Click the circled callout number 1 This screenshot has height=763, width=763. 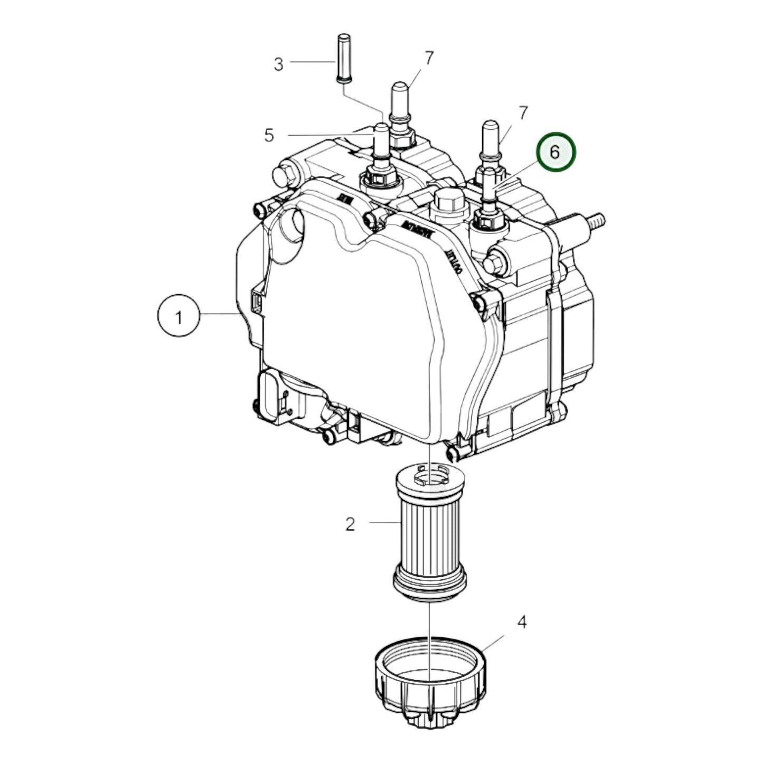click(x=178, y=317)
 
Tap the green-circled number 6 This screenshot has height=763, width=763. click(x=555, y=152)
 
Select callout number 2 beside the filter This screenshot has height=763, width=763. click(x=350, y=524)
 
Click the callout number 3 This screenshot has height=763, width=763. click(x=278, y=64)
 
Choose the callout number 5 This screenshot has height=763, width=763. click(x=269, y=136)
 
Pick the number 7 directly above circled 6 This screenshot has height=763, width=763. click(x=523, y=113)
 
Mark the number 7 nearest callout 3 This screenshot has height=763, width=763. click(x=429, y=58)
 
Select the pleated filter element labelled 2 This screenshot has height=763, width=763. click(x=430, y=533)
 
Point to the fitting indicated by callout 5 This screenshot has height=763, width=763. click(x=381, y=153)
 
